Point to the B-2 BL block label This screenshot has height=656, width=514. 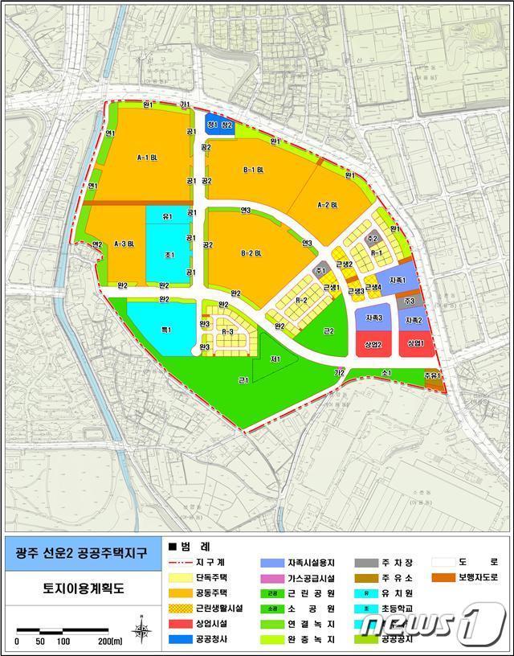pyautogui.click(x=251, y=254)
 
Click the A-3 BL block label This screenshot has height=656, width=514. pyautogui.click(x=124, y=243)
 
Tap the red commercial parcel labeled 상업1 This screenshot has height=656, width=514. pyautogui.click(x=414, y=343)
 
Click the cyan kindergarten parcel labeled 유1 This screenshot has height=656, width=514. pyautogui.click(x=167, y=216)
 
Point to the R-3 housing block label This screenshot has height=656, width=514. pyautogui.click(x=227, y=331)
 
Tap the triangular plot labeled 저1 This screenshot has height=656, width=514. pyautogui.click(x=275, y=359)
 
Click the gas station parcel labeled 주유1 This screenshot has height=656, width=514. pyautogui.click(x=433, y=376)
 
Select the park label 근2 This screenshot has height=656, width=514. pyautogui.click(x=328, y=330)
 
